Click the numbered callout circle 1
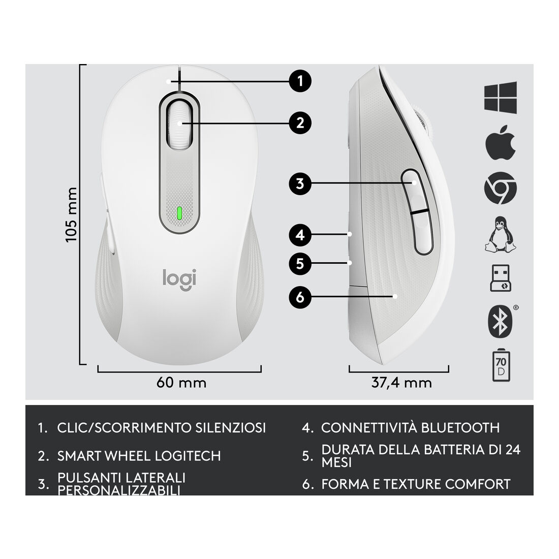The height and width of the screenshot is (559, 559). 300,80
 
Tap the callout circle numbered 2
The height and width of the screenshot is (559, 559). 300,122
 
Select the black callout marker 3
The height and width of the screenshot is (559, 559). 300,183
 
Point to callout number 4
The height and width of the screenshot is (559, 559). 300,235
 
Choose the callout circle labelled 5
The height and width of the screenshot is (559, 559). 300,263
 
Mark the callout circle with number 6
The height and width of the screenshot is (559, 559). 300,297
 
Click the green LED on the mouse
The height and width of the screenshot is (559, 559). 179,213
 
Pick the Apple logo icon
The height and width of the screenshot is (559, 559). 500,143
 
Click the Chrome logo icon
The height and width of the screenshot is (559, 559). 500,189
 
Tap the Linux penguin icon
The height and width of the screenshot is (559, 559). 500,234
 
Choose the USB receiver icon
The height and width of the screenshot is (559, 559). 500,278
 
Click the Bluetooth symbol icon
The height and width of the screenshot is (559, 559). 500,321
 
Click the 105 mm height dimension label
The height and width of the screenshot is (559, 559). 72,214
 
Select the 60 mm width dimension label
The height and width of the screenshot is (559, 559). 181,382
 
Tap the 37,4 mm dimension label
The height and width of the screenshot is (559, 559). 401,382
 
